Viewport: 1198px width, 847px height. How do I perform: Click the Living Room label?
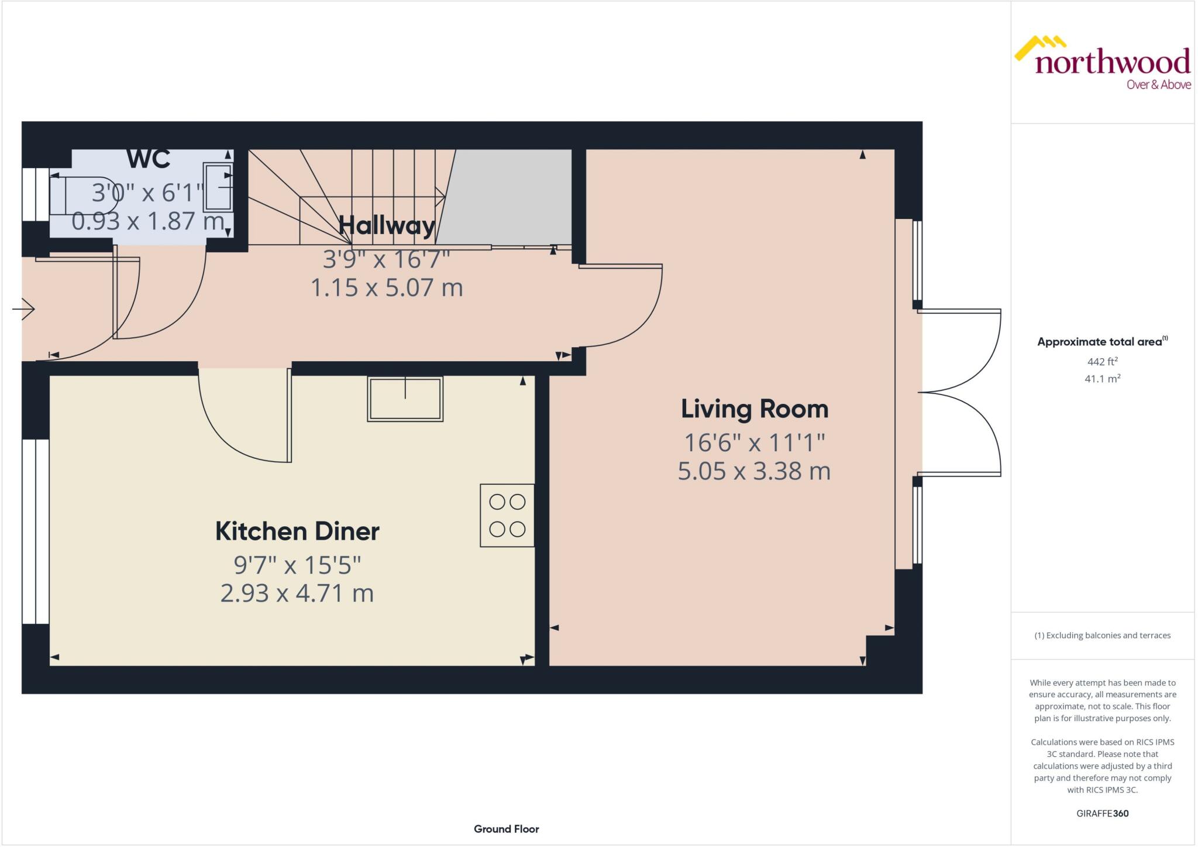754,409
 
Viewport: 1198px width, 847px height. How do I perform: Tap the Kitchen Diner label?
297,531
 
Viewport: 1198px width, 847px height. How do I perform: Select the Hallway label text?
387,225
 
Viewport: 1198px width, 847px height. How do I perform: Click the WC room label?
149,159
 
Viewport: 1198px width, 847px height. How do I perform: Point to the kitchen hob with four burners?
507,515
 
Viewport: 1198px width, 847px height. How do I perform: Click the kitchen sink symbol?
405,399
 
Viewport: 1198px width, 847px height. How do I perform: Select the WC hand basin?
218,187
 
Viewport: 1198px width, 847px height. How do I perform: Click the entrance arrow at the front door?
24,308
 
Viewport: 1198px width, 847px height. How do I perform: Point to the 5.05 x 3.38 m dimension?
754,471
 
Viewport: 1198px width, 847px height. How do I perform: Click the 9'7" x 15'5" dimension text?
297,565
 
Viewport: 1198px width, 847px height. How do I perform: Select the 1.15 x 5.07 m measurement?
387,287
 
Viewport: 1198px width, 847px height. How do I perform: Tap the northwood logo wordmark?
1112,62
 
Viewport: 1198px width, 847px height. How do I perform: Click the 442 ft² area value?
1102,362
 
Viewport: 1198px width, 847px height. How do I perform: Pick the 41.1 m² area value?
1102,379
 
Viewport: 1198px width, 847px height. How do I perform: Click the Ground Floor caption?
506,829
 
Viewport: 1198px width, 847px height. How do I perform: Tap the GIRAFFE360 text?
1102,813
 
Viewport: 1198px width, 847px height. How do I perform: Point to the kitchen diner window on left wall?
36,531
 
